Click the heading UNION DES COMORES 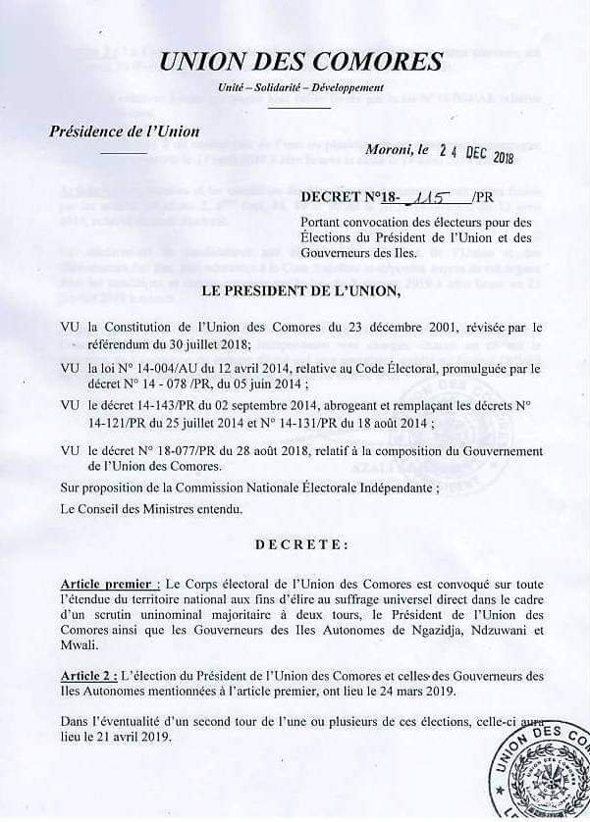[x=300, y=62]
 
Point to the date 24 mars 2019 [x=447, y=691]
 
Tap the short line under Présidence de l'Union [x=123, y=154]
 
